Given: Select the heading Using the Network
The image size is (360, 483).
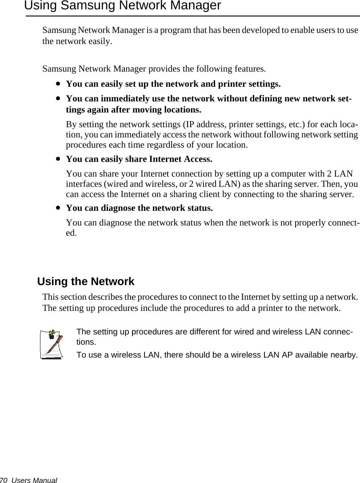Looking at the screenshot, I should point(86,282).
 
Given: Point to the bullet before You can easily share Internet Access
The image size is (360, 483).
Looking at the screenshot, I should point(58,159).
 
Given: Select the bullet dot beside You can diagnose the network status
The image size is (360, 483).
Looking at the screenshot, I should point(58,208).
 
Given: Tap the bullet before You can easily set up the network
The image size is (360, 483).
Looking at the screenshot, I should point(58,84).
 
